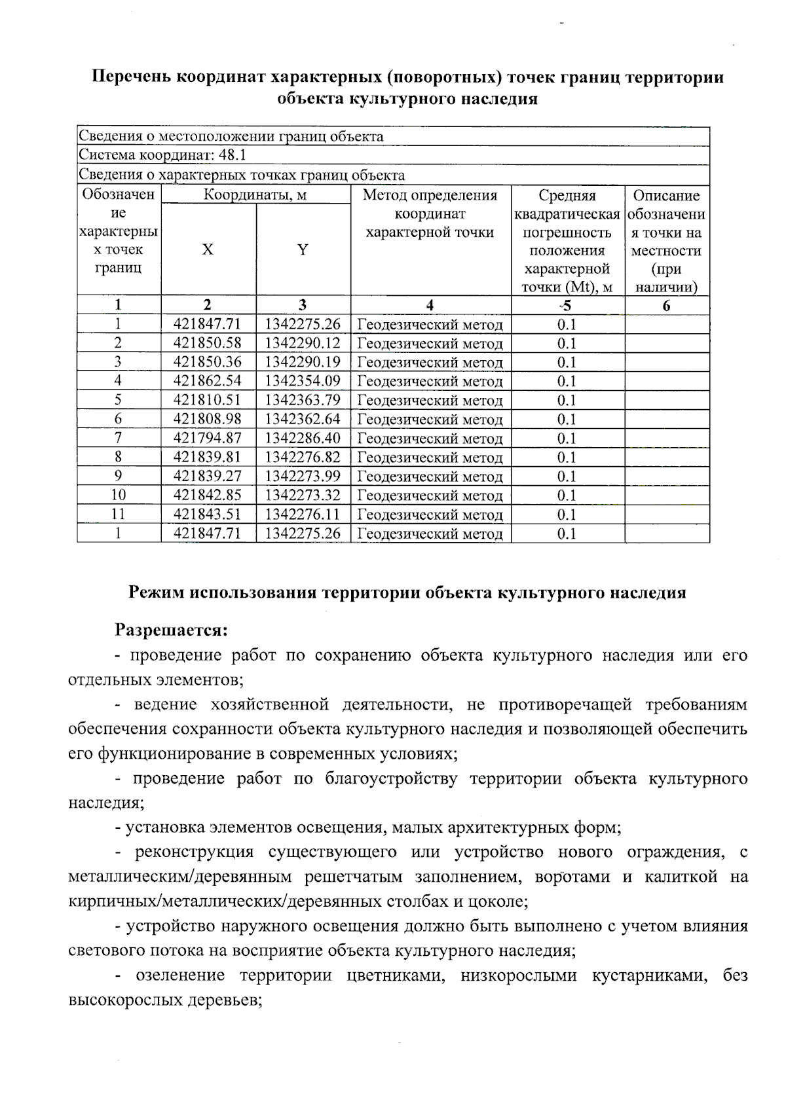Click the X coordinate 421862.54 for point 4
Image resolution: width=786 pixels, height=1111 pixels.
pos(208,380)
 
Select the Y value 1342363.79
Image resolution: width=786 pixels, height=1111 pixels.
pos(303,399)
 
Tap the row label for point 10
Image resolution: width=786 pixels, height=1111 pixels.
pos(118,495)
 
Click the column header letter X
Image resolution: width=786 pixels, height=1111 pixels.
pos(208,249)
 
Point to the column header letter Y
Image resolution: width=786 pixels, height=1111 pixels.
pos(303,249)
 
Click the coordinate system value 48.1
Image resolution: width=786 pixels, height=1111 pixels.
pos(233,155)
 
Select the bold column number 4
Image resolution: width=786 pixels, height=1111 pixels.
pos(430,305)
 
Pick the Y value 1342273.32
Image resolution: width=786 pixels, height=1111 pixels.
pos(303,495)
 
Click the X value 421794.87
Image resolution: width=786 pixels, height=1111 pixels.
pos(208,438)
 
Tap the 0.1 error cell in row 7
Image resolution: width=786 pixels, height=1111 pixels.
pos(567,438)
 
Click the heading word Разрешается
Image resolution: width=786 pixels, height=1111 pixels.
pos(171,630)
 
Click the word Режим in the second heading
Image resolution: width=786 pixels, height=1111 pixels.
pos(157,592)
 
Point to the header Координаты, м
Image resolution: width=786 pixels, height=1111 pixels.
pos(255,195)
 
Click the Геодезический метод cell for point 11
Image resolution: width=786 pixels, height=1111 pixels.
pos(430,515)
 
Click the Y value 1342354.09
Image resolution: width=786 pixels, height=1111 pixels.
pos(303,380)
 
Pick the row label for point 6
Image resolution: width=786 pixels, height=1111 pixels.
pos(118,418)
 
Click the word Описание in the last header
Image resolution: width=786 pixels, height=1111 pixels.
pos(666,195)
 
